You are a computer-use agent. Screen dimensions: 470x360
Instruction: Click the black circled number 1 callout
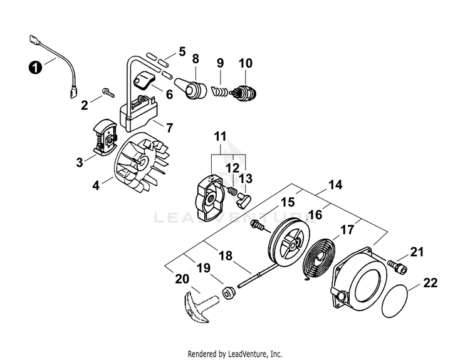pyautogui.click(x=35, y=68)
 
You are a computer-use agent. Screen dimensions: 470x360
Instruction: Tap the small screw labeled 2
pyautogui.click(x=108, y=92)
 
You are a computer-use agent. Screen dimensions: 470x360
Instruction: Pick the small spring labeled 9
pyautogui.click(x=221, y=91)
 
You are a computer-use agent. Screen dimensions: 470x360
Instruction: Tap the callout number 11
pyautogui.click(x=221, y=137)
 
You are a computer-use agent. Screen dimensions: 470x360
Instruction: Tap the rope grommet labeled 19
pyautogui.click(x=229, y=292)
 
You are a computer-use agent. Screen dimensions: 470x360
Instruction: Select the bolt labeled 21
pyautogui.click(x=398, y=267)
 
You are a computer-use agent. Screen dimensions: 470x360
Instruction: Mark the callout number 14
pyautogui.click(x=335, y=185)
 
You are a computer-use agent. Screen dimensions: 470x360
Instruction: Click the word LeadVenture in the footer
pyautogui.click(x=246, y=354)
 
